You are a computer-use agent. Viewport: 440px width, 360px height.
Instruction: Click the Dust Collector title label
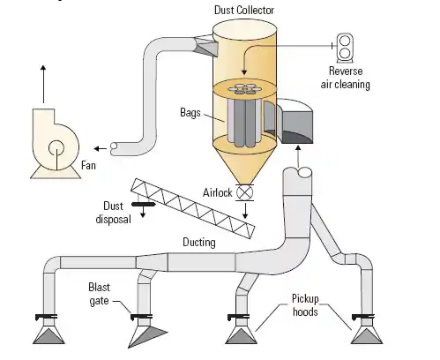click(244, 11)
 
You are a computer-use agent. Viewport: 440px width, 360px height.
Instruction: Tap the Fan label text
click(88, 165)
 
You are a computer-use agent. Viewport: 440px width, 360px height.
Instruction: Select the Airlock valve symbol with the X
click(244, 193)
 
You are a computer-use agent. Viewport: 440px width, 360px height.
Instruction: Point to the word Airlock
click(218, 193)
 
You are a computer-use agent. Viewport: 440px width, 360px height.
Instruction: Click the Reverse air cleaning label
click(346, 78)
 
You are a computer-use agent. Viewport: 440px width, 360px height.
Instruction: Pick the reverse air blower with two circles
click(345, 48)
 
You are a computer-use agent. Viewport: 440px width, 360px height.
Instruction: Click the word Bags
click(190, 113)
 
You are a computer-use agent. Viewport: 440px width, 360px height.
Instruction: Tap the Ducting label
click(199, 243)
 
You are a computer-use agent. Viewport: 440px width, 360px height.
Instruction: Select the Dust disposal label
click(114, 213)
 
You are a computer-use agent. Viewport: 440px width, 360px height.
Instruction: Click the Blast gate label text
click(99, 294)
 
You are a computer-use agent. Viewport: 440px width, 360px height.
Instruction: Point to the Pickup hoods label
click(305, 305)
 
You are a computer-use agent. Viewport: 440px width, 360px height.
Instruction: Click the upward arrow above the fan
click(43, 84)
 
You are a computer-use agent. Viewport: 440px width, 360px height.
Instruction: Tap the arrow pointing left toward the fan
click(101, 149)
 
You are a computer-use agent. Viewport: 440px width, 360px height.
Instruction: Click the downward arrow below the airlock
click(245, 210)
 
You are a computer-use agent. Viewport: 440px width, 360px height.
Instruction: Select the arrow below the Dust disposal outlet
click(143, 212)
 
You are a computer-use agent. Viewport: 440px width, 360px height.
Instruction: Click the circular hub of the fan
click(56, 147)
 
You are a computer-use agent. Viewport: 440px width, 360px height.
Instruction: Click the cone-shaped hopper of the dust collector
click(244, 165)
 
